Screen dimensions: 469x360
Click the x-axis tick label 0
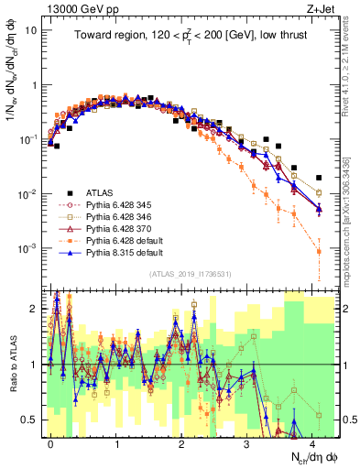50,442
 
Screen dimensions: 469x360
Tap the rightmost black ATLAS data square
318,178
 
